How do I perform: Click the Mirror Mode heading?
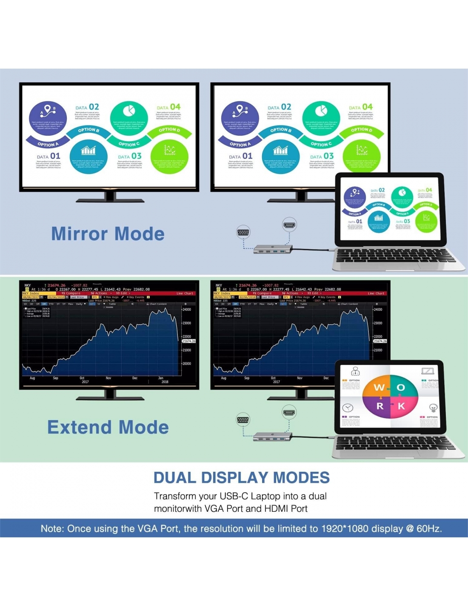[x=108, y=234]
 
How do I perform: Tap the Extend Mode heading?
[x=108, y=427]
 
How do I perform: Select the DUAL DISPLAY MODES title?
[x=241, y=478]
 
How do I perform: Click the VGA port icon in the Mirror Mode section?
[x=243, y=233]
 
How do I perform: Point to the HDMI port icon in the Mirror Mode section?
[x=289, y=225]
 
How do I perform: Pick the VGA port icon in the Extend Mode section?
[x=243, y=420]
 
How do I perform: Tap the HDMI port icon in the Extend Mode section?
[x=289, y=413]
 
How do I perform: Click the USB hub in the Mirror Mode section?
[x=273, y=248]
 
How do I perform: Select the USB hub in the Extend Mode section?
[x=273, y=436]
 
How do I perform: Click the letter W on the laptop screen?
[x=378, y=388]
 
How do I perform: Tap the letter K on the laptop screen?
[x=401, y=406]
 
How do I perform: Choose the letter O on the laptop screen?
[x=401, y=388]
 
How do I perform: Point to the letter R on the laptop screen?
[x=380, y=406]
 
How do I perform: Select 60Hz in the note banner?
[x=429, y=529]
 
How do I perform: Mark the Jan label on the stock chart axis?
[x=160, y=378]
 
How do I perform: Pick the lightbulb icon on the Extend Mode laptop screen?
[x=433, y=408]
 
